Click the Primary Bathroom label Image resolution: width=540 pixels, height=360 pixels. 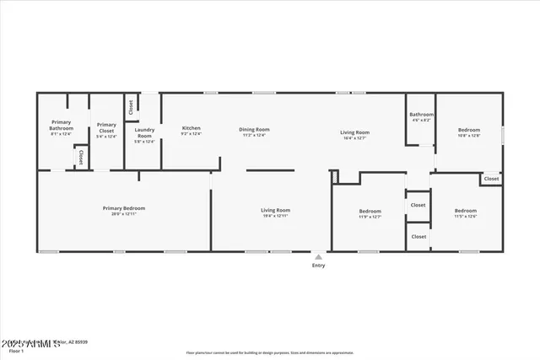(62, 126)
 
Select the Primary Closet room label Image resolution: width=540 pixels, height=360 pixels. (106, 126)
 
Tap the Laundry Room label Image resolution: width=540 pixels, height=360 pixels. (144, 132)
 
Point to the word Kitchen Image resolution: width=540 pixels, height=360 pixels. (192, 128)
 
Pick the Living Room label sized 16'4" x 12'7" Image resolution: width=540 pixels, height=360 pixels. (355, 132)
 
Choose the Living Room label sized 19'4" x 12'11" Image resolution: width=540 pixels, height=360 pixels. (275, 210)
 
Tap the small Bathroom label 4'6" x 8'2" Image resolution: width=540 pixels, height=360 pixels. (421, 115)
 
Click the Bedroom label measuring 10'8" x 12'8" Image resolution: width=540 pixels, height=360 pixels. (468, 130)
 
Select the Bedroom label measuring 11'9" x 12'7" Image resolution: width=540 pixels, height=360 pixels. (370, 211)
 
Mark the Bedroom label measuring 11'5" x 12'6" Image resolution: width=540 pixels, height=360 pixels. (466, 210)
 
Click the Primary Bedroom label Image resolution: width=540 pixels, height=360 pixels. (124, 207)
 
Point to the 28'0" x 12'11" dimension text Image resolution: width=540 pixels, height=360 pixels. (124, 215)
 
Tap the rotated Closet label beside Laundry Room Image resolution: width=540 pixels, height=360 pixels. (132, 107)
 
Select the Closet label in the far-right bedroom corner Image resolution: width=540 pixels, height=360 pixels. (491, 179)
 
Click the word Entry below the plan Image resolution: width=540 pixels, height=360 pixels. (318, 265)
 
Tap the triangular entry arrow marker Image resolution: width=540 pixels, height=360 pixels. (318, 256)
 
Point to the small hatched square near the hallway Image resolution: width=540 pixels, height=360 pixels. (334, 176)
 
